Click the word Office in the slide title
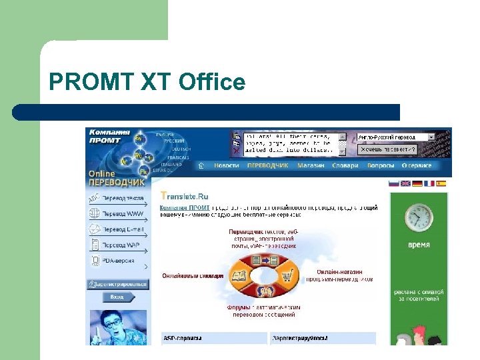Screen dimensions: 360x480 pyautogui.click(x=213, y=83)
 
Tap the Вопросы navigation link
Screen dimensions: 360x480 pyautogui.click(x=381, y=165)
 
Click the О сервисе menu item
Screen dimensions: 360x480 pyautogui.click(x=417, y=165)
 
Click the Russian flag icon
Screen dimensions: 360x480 pyautogui.click(x=393, y=183)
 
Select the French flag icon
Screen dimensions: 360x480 pyautogui.click(x=429, y=183)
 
